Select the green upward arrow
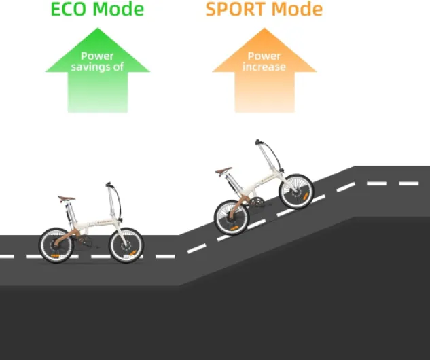[x=97, y=75]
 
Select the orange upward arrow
[x=264, y=75]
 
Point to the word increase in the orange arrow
[x=264, y=67]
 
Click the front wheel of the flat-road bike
[x=126, y=245]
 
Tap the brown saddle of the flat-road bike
[x=67, y=199]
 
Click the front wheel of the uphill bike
[x=295, y=192]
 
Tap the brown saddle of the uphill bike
[x=224, y=171]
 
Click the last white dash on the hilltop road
[x=408, y=183]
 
